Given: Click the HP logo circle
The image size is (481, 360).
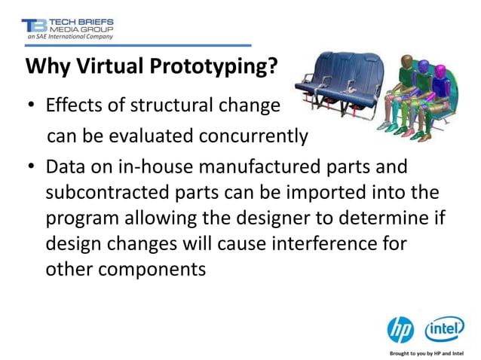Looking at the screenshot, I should pyautogui.click(x=400, y=329).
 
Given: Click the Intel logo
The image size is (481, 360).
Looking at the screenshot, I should pyautogui.click(x=445, y=329).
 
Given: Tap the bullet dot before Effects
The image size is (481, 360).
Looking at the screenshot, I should pyautogui.click(x=30, y=106).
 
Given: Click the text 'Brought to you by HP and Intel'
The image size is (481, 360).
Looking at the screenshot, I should pyautogui.click(x=430, y=352).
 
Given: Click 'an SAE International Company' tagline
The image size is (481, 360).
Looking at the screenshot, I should pyautogui.click(x=69, y=35).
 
